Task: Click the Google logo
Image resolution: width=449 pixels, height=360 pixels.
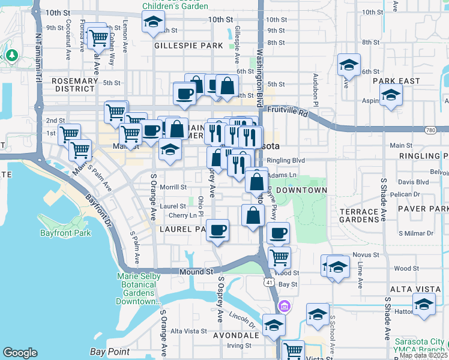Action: pos(20,353)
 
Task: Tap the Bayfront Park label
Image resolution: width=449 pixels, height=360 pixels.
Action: pos(65,233)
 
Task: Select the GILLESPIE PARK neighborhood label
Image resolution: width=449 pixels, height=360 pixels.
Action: pos(180,45)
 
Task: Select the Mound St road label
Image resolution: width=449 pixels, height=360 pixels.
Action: pos(197,272)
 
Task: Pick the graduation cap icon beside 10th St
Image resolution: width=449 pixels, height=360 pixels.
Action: pos(153,23)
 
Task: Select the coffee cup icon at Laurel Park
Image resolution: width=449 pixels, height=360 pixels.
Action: pos(217,229)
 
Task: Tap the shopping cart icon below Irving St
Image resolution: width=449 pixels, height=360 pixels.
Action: pos(293,350)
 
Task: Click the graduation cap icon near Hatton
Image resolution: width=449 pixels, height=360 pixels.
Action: pos(424,304)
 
